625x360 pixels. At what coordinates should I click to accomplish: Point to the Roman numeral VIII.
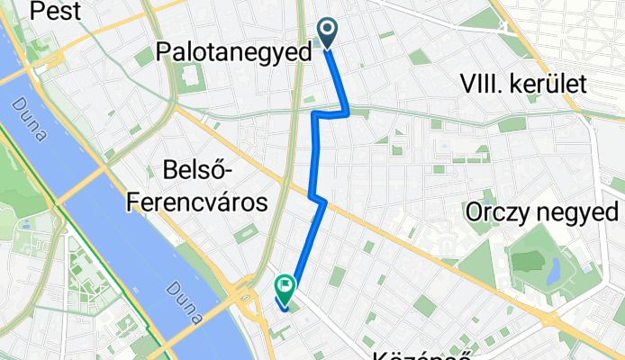click(x=479, y=85)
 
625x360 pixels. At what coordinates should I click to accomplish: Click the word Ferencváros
click(x=198, y=203)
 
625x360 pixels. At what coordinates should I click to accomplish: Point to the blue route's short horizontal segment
click(x=330, y=113)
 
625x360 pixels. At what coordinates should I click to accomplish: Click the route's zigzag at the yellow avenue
click(x=317, y=199)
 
